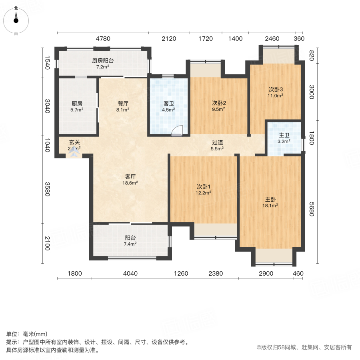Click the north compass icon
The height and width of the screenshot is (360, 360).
[16, 19]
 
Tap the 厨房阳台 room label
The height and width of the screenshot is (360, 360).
[103, 64]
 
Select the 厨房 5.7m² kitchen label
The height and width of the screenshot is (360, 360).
[77, 106]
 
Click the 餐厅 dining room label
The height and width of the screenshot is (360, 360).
[123, 106]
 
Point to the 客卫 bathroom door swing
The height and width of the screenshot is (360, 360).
[178, 131]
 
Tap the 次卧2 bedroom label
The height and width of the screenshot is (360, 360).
[218, 105]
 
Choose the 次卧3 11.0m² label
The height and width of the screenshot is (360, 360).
[276, 92]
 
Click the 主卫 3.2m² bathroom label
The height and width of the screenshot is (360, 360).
[284, 138]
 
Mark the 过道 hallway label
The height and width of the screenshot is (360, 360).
[218, 145]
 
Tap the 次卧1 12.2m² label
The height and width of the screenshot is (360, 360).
[204, 189]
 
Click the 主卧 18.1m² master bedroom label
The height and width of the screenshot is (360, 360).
[271, 202]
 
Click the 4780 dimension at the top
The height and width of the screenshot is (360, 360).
[103, 39]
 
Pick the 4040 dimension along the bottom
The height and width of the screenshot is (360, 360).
[130, 274]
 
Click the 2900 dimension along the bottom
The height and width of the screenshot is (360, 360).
[266, 274]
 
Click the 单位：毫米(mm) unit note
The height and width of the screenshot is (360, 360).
[27, 334]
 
